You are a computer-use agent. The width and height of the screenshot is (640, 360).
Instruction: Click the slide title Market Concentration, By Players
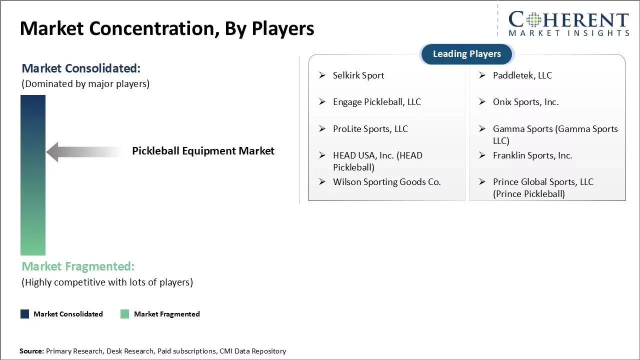tap(167, 28)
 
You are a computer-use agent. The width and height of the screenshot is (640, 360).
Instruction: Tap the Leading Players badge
tap(467, 54)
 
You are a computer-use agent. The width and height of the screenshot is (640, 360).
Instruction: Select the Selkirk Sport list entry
tap(358, 75)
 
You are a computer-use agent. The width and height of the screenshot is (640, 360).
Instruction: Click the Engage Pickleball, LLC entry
tap(377, 102)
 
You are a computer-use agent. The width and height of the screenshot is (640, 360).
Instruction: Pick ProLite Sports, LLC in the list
tap(370, 129)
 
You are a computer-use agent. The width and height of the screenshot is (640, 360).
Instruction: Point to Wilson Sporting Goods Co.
tap(386, 182)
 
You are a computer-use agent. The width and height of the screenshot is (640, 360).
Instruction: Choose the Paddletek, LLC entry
tap(522, 75)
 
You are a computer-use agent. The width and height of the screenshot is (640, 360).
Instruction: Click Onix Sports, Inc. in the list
tap(525, 102)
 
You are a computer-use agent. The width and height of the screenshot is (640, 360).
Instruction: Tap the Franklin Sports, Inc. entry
tap(532, 155)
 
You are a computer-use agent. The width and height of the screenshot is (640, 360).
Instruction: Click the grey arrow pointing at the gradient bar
tap(83, 151)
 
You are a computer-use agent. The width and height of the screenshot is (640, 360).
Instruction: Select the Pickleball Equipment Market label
tap(203, 151)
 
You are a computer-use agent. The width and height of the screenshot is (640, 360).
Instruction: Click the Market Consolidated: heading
tap(81, 68)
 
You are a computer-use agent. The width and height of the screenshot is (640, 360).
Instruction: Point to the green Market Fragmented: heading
tap(78, 266)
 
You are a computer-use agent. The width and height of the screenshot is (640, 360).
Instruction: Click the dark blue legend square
tap(24, 314)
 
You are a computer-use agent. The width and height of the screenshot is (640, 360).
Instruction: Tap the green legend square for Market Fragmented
tap(124, 314)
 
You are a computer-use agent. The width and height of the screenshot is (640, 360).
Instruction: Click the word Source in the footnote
tap(31, 351)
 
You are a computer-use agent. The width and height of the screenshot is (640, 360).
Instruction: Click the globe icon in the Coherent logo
tap(533, 20)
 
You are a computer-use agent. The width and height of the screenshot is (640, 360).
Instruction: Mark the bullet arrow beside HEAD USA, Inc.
tap(322, 155)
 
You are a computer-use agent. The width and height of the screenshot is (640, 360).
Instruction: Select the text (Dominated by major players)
tap(85, 84)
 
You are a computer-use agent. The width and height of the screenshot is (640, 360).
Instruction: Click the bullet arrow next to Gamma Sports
tap(482, 128)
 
